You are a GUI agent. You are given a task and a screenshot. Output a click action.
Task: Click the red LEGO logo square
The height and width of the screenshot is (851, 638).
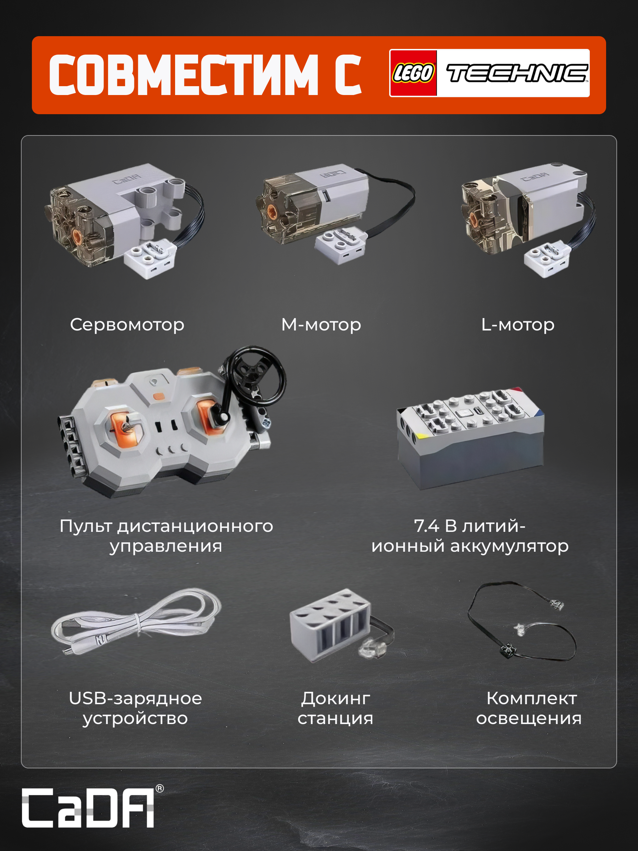pyautogui.click(x=413, y=73)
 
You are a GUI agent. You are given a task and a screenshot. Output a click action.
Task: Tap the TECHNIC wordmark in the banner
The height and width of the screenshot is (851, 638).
pyautogui.click(x=517, y=73)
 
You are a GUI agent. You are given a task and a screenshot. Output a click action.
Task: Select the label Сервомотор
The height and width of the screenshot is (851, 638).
pyautogui.click(x=127, y=325)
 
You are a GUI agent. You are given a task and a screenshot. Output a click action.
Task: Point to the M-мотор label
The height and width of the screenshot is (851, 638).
pyautogui.click(x=321, y=325)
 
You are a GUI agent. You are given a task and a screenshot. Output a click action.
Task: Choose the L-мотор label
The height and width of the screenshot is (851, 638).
pyautogui.click(x=517, y=325)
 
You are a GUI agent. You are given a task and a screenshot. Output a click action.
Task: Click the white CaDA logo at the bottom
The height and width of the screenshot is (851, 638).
pyautogui.click(x=88, y=807)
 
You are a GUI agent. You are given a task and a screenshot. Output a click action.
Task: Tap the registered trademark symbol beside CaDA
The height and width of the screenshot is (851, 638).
pyautogui.click(x=159, y=789)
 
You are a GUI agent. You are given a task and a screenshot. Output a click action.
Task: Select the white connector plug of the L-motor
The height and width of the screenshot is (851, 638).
pyautogui.click(x=547, y=258)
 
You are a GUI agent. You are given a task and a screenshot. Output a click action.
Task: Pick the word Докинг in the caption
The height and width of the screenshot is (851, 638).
pyautogui.click(x=335, y=698)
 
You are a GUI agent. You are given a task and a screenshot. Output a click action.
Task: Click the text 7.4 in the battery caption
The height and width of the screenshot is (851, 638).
pyautogui.click(x=426, y=526)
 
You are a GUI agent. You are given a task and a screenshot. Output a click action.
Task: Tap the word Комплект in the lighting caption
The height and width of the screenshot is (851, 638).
pyautogui.click(x=531, y=698)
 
